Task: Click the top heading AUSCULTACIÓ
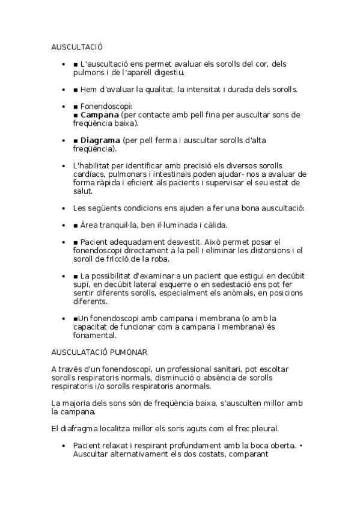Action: click(78, 46)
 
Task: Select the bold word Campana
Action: click(99, 115)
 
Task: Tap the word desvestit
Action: click(179, 242)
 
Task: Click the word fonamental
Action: click(94, 336)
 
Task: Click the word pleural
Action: click(261, 428)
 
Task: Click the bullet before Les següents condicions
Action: click(64, 208)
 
